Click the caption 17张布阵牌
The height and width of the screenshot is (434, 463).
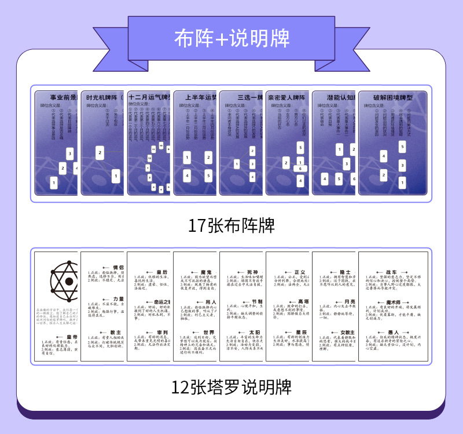231,225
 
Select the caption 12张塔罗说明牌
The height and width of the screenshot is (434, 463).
231,386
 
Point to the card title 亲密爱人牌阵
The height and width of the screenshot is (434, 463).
286,98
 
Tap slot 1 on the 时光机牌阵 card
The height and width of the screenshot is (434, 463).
116,175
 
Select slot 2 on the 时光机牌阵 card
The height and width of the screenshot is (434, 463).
100,153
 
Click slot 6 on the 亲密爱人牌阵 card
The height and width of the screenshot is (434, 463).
300,169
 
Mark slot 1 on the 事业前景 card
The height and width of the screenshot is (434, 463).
54,183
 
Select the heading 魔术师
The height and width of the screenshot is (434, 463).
399,303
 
